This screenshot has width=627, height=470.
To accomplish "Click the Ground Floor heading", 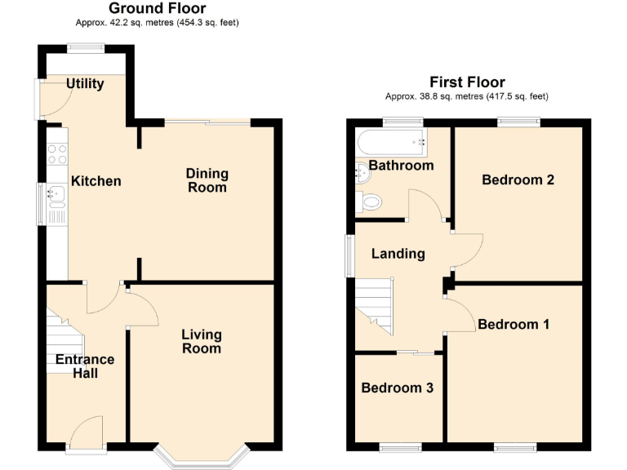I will click(x=157, y=9).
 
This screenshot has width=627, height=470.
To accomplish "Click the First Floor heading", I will click(x=467, y=82).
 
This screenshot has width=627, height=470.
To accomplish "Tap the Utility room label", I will click(x=85, y=83).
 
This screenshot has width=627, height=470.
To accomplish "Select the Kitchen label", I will click(x=96, y=181).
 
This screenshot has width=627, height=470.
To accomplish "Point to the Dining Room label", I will click(x=207, y=180).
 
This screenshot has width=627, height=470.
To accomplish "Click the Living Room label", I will click(x=201, y=341).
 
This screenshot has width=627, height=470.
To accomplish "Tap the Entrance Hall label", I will click(x=85, y=366).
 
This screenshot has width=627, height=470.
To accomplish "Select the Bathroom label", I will click(x=401, y=166).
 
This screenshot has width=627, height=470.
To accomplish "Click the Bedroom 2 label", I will click(x=518, y=180).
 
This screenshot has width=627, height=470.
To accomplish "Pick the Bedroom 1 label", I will click(x=514, y=324).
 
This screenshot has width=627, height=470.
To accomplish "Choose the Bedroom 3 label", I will click(x=397, y=388).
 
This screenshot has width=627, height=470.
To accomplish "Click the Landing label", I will click(x=398, y=254).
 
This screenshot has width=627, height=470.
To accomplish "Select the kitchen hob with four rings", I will click(x=57, y=153).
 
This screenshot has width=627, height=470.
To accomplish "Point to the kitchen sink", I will click(x=56, y=194).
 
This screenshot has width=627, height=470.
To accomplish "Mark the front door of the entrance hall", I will click(x=86, y=432).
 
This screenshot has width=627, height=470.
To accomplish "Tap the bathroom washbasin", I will click(x=362, y=171).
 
